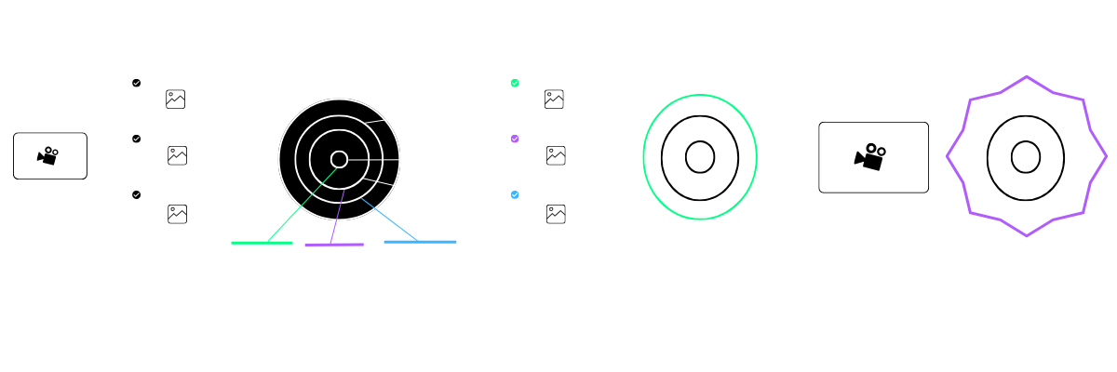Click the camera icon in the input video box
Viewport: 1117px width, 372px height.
click(49, 156)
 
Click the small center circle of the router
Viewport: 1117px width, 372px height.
click(339, 160)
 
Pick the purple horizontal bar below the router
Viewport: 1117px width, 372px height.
click(333, 245)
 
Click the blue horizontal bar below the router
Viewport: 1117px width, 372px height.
click(420, 242)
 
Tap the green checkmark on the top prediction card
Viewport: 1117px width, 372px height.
click(515, 83)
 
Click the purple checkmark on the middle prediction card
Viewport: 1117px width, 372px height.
click(515, 139)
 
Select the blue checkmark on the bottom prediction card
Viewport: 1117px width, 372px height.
click(515, 195)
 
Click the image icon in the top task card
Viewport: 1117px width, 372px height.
click(177, 99)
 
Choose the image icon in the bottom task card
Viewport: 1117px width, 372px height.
click(177, 212)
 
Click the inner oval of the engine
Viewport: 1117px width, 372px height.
click(699, 156)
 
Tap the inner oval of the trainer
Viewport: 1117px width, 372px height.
click(1025, 156)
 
